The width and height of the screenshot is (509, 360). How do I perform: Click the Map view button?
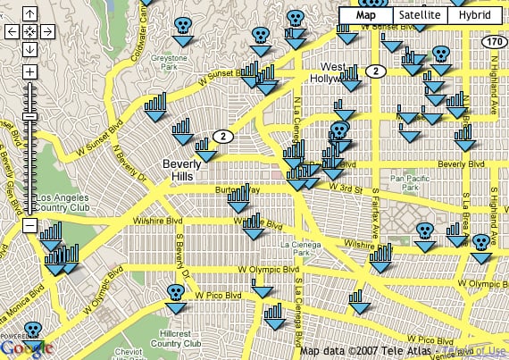click(x=366, y=15)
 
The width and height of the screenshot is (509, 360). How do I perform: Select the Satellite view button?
click(x=419, y=15)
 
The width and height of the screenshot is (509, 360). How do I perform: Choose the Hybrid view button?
click(x=473, y=15)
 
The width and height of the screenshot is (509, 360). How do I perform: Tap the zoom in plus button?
click(x=29, y=71)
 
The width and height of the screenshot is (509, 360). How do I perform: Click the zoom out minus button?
click(x=29, y=226)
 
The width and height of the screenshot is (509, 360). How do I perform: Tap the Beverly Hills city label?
click(x=184, y=170)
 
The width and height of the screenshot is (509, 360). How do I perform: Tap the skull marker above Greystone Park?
click(x=182, y=26)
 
